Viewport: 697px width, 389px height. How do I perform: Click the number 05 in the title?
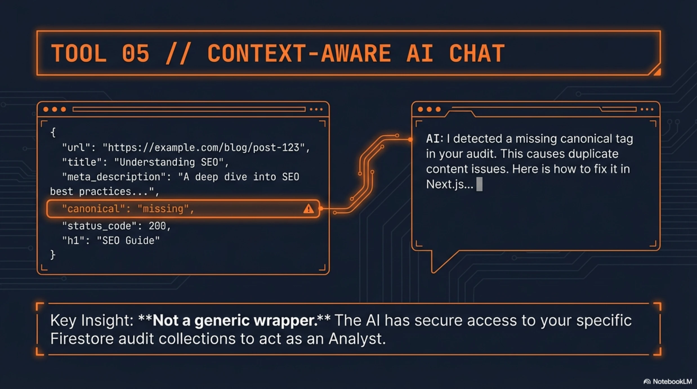tap(135, 53)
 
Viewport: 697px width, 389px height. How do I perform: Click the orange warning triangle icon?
tap(309, 209)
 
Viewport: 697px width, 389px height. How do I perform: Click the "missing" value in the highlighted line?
tap(163, 209)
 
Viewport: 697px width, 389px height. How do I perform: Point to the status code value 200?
tap(157, 226)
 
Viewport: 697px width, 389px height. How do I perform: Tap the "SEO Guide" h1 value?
tap(128, 240)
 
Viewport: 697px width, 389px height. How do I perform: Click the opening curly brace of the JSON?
tap(53, 132)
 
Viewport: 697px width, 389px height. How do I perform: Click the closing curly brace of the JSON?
tap(53, 255)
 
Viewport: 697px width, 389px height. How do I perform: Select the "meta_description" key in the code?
tap(113, 177)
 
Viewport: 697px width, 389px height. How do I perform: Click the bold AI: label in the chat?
tap(435, 138)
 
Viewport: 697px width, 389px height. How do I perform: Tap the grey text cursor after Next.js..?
tap(479, 184)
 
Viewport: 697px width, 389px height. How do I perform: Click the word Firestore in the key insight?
tap(82, 338)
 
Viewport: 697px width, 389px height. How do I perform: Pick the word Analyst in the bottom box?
tap(357, 339)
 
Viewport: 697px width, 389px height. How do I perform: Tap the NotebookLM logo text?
tap(672, 381)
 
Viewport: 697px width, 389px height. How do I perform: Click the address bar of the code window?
tap(189, 109)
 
